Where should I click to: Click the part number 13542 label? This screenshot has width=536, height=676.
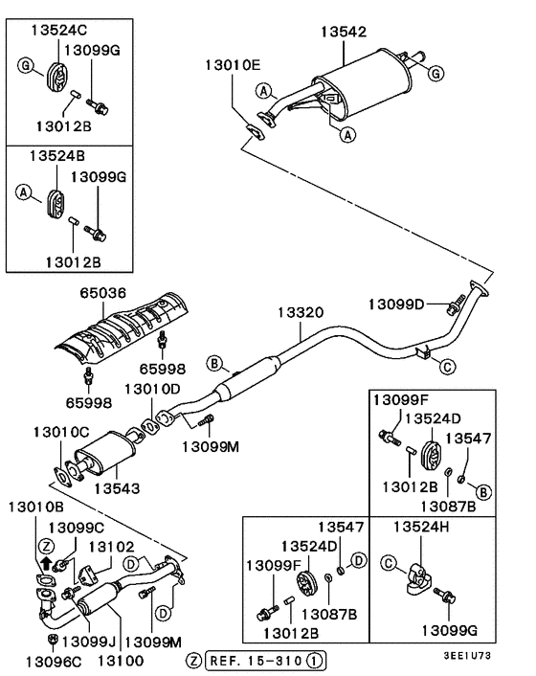point(343,32)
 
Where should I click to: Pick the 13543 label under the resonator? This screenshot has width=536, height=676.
point(117,487)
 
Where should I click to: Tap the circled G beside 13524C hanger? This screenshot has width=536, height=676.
point(26,64)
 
